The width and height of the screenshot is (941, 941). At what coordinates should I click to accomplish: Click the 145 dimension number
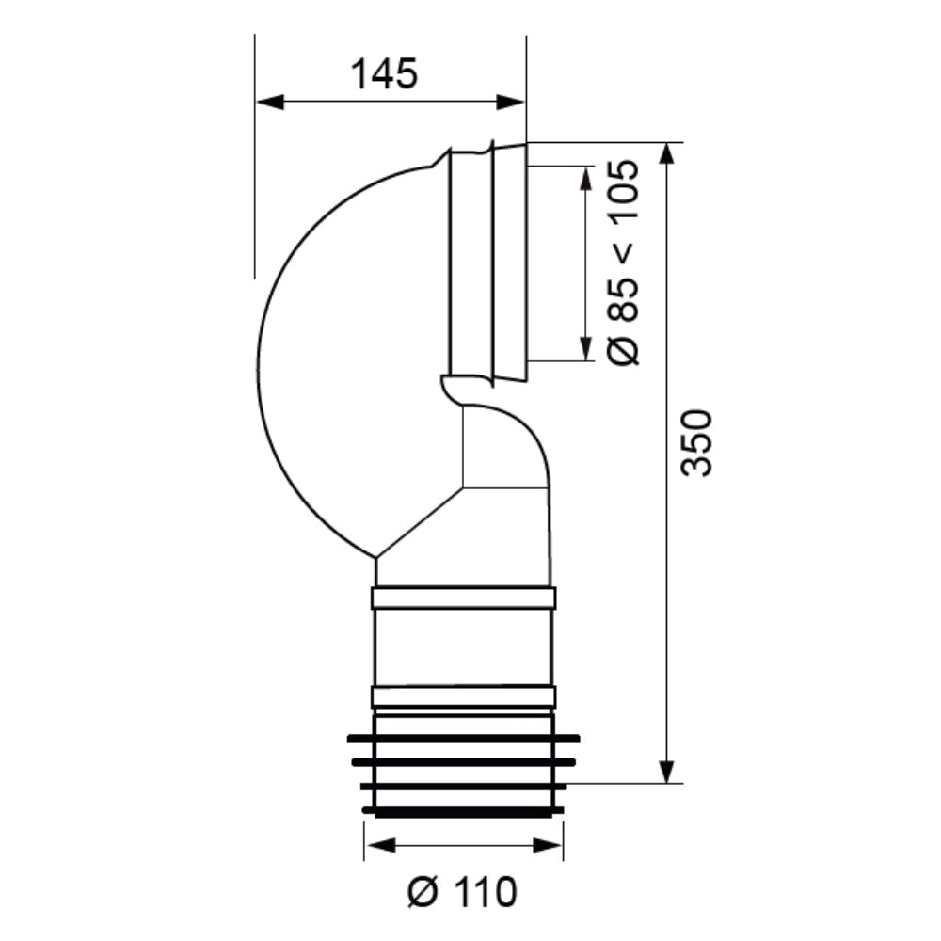pos(384,74)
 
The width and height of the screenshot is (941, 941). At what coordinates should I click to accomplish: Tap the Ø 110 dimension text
pos(462,892)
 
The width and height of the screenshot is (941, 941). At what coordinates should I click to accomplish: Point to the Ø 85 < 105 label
pos(623,262)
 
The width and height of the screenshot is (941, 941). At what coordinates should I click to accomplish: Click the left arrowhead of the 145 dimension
pos(270,103)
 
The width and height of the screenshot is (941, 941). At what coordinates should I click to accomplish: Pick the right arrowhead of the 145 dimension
pos(511,103)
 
